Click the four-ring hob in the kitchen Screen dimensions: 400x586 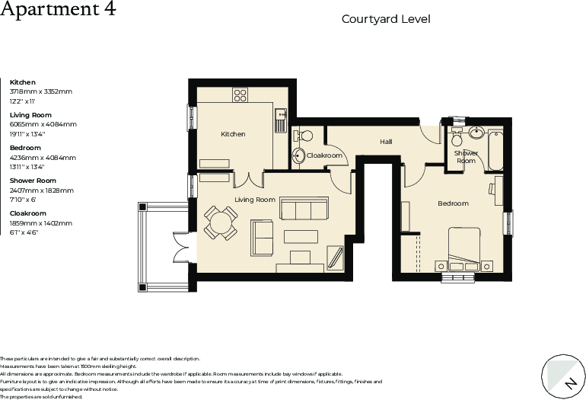pos(240,95)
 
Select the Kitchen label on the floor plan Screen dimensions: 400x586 pos(233,134)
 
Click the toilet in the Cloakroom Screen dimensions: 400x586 pos(305,135)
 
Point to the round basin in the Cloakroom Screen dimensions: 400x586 pos(299,156)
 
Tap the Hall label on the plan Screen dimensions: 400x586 pos(386,142)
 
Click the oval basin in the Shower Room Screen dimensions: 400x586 pos(477,133)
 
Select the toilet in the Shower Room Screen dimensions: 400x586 pos(457,140)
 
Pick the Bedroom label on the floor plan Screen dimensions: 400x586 pos(453,203)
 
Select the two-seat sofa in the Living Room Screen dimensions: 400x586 pos(263,238)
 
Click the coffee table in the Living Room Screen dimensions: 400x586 pos(301,236)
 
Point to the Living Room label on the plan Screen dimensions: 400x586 pos(254,200)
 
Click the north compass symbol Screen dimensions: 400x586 pos(564,376)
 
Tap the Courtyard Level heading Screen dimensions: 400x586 pos(386,19)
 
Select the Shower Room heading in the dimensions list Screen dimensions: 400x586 pos(33,181)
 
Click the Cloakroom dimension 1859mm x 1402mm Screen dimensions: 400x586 pos(40,223)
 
